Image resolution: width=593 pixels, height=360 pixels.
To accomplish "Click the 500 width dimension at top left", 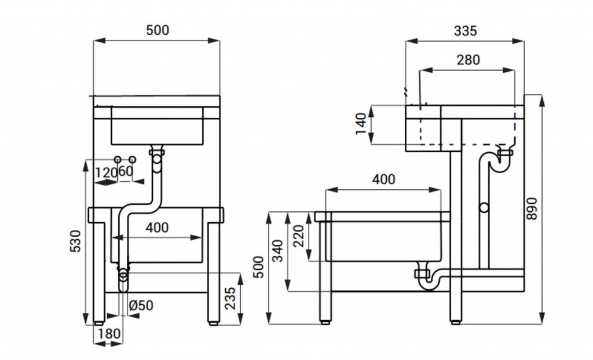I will click(158, 30).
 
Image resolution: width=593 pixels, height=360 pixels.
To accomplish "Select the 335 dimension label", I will click(465, 31).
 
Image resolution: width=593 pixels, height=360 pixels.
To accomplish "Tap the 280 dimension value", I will click(468, 60).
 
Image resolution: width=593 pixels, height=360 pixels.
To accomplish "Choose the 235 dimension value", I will click(230, 298).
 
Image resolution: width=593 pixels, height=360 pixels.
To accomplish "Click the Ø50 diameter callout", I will click(141, 305).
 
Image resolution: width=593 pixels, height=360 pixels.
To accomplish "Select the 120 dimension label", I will click(105, 172).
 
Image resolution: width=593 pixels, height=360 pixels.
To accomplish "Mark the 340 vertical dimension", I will click(279, 251).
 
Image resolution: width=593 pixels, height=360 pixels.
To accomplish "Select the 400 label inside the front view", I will click(157, 227).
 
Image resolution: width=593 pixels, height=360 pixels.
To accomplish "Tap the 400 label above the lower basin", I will click(383, 179).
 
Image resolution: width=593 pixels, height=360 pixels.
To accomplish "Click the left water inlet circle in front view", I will click(118, 160).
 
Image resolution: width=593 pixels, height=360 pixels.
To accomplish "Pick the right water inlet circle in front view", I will click(133, 160).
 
